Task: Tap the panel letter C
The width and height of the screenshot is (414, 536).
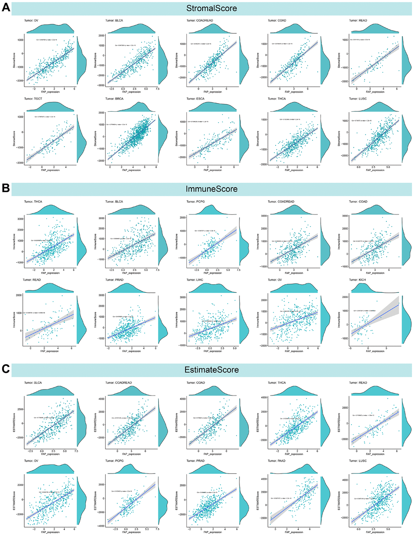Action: tap(6, 369)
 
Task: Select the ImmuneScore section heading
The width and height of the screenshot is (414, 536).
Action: tap(211, 189)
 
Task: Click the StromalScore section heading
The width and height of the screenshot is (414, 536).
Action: tap(211, 8)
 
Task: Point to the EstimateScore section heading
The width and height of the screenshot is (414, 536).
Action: tap(211, 370)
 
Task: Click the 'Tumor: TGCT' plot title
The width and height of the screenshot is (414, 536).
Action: tap(34, 99)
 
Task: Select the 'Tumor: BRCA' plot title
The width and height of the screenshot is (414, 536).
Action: tap(114, 99)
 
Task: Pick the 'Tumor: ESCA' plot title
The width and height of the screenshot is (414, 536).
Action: tap(196, 99)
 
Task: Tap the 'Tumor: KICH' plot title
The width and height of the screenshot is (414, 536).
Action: tap(358, 280)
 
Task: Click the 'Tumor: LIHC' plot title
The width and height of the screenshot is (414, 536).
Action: tap(195, 280)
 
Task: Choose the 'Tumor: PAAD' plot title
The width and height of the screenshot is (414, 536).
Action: tap(277, 461)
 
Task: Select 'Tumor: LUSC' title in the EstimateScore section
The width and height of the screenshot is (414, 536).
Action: tap(358, 461)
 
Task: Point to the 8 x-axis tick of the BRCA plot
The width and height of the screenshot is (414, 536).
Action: tap(156, 167)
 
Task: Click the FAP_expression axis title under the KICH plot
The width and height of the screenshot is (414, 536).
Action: tap(375, 351)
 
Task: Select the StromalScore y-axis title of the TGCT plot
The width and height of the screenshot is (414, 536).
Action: tap(14, 138)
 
